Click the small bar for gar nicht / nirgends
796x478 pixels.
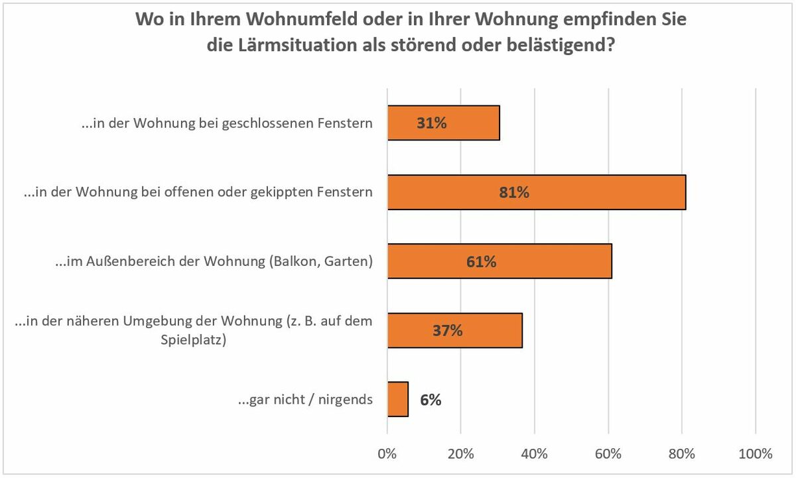(398, 399)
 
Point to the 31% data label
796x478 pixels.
(432, 123)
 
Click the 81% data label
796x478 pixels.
(514, 193)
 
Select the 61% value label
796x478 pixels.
(481, 262)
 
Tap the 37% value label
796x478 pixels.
(447, 331)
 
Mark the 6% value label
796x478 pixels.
(431, 400)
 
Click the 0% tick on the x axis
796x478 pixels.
(387, 454)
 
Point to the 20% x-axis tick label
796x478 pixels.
(460, 454)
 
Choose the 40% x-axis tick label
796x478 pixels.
(534, 454)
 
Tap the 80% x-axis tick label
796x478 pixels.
(681, 454)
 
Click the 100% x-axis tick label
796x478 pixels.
(755, 454)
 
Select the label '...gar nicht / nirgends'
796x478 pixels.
(305, 400)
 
